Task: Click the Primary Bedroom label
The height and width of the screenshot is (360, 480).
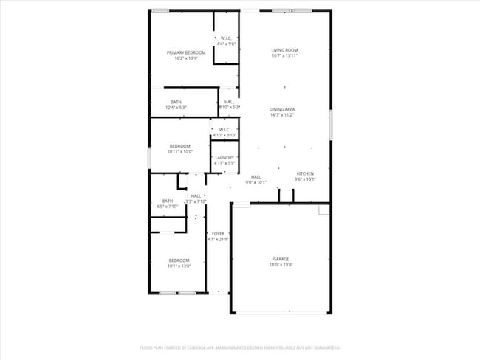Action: pos(185,52)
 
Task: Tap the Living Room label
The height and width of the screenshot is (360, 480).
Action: pos(284,50)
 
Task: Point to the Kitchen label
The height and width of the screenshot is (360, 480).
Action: pos(306,174)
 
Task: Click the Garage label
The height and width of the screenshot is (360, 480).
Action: pos(281,259)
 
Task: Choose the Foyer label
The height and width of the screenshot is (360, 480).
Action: pos(218,234)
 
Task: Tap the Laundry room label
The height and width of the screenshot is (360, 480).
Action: pos(224,158)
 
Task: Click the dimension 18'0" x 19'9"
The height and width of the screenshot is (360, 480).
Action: pos(281,264)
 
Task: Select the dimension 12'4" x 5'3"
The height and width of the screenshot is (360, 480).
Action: pos(176,108)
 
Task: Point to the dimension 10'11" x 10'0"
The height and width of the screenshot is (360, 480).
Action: pos(180,151)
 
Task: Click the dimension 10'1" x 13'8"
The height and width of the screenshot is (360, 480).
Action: pos(179,266)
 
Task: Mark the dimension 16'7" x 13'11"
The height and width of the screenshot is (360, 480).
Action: pos(284,56)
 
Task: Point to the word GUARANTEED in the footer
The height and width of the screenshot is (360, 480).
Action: pos(324,347)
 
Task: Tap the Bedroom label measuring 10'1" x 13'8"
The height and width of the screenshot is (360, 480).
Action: pos(179,260)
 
